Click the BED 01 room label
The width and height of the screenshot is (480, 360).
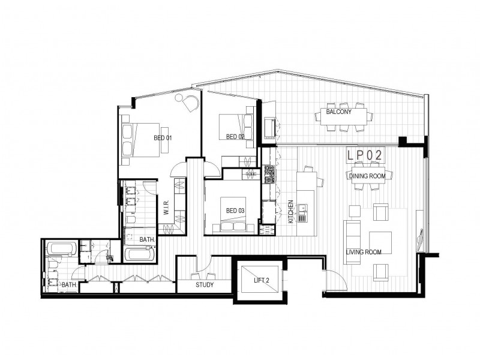point(163,139)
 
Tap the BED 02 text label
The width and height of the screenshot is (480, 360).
point(235,137)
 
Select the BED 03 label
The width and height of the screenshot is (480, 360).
point(235,211)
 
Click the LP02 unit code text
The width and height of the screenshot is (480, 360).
point(365,155)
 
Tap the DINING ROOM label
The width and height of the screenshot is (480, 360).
point(367,176)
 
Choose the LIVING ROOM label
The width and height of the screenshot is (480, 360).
point(364,252)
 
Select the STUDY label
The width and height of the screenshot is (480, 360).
point(205,285)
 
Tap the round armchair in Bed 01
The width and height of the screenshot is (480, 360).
point(190,103)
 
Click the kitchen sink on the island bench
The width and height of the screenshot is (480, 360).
point(303,209)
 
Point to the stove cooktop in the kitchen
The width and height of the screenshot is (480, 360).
point(269,173)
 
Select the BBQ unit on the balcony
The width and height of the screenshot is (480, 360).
point(270,128)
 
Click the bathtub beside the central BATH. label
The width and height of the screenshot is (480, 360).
point(139,254)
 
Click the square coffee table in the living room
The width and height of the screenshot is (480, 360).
point(379,242)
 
